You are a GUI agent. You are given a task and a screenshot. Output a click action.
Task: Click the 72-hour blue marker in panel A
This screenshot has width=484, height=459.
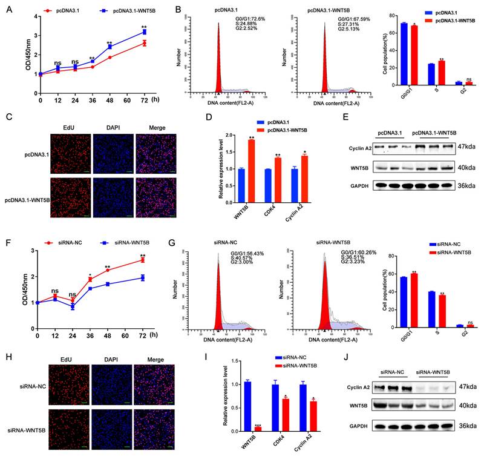coord(143,31)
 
